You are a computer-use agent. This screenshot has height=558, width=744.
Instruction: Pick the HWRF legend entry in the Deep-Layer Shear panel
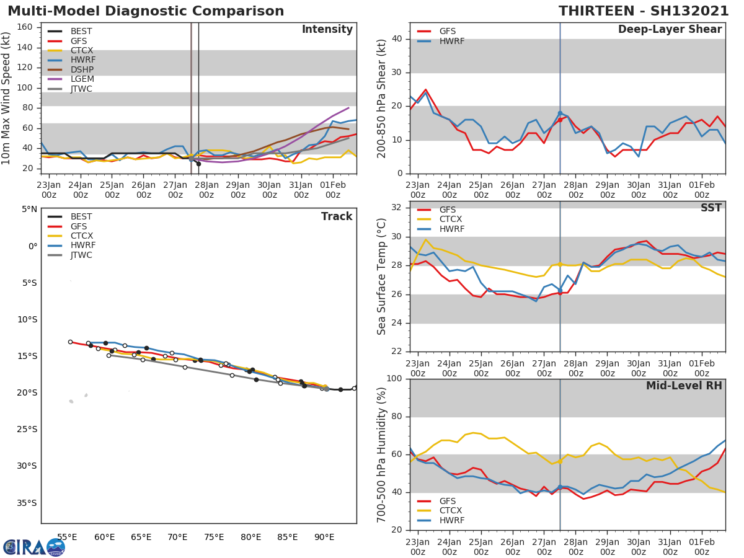(451, 41)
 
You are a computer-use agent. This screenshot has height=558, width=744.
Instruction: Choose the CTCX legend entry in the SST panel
(451, 219)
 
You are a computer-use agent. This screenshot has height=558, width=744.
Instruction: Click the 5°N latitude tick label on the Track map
(30, 210)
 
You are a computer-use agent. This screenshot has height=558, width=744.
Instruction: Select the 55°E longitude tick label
(67, 537)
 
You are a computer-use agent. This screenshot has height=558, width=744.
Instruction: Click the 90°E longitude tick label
(324, 537)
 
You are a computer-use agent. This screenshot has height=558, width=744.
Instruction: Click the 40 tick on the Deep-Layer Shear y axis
(399, 39)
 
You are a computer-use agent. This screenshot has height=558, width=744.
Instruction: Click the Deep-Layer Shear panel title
(670, 30)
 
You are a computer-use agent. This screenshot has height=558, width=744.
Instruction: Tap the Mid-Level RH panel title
(684, 386)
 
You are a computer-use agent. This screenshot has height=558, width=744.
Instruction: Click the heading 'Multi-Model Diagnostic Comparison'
(146, 11)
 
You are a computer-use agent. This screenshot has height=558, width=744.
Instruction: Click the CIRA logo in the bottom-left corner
(34, 546)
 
